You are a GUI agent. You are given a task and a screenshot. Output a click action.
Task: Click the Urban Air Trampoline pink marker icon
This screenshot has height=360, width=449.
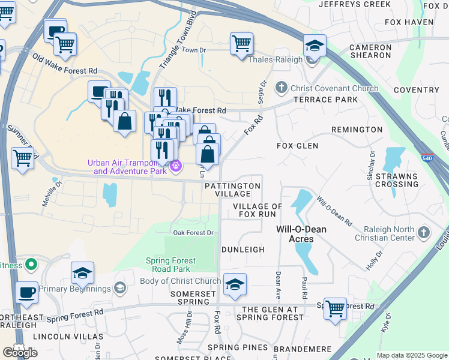point(175,166)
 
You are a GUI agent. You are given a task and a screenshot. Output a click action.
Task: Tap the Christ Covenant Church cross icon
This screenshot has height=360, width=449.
point(281,88)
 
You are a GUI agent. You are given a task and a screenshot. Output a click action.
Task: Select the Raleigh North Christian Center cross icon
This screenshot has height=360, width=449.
point(424,232)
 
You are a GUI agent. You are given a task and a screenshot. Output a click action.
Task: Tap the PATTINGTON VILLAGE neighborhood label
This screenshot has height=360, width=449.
point(233,190)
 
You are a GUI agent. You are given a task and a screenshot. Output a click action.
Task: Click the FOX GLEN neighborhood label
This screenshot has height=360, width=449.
point(297,146)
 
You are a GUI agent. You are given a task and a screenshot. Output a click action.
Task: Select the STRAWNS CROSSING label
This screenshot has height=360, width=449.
point(397,180)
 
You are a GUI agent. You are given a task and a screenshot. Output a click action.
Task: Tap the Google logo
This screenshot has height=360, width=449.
point(20,353)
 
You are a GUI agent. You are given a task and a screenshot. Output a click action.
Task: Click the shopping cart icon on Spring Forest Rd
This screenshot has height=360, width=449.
point(335,308)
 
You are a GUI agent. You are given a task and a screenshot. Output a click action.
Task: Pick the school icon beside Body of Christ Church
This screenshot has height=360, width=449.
point(235,284)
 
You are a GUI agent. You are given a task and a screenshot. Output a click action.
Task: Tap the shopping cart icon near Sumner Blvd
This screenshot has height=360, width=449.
point(22,158)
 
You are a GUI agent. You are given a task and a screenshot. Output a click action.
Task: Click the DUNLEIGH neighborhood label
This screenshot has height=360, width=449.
point(243,249)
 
